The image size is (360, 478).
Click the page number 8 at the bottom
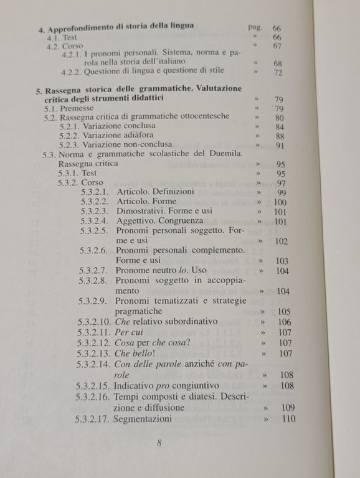(x=159, y=443)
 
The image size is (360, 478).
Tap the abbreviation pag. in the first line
(x=254, y=28)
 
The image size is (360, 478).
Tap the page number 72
(x=278, y=73)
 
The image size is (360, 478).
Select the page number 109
(x=287, y=408)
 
